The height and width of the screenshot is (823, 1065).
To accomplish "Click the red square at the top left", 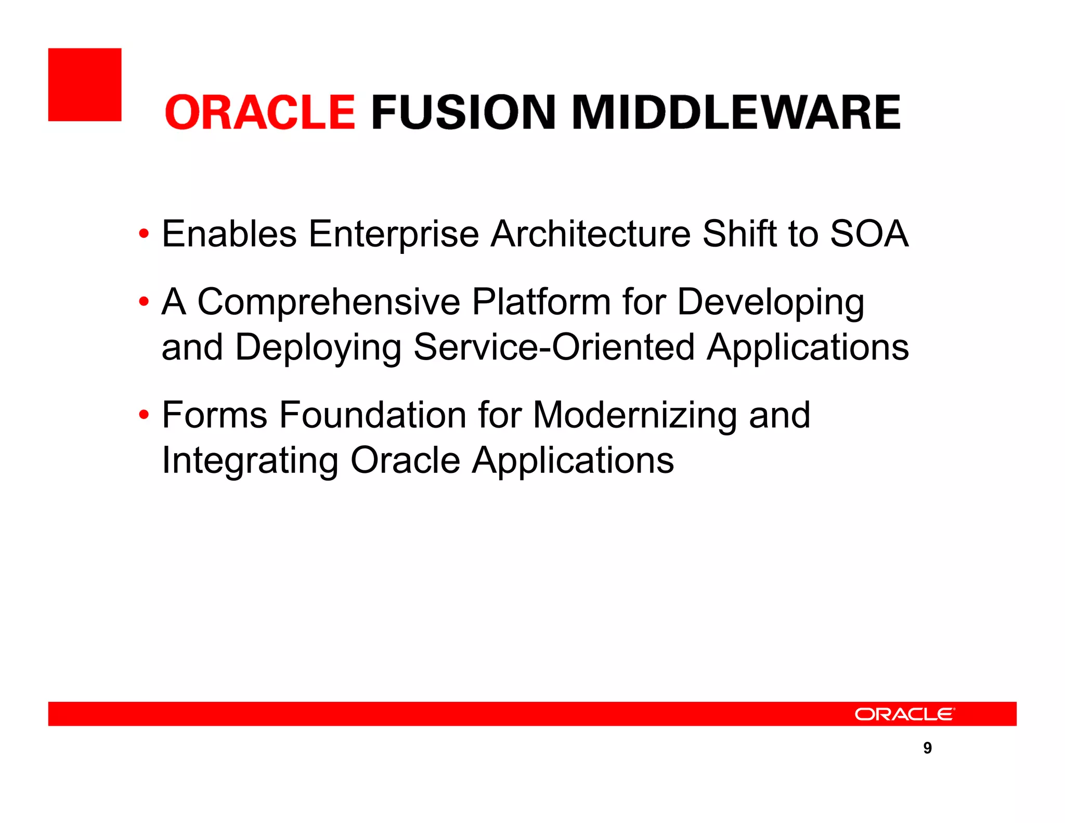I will [85, 85].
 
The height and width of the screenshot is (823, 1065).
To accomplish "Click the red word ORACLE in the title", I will [260, 112].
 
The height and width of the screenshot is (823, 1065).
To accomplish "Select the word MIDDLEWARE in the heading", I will [736, 112].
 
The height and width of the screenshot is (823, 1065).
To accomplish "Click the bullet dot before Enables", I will [144, 234].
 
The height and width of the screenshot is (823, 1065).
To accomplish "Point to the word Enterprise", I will [394, 234].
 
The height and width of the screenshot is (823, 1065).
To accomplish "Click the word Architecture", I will [591, 234].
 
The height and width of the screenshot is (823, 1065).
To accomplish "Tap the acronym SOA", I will [869, 234].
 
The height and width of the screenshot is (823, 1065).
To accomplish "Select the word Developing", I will [771, 303].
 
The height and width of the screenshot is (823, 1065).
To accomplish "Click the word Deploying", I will [318, 348].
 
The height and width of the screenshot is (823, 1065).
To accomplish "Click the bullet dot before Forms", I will [144, 415].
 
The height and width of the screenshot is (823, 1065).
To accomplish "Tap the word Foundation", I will [373, 415].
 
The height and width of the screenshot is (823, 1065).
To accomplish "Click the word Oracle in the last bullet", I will [406, 460].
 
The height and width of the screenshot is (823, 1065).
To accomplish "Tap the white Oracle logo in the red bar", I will [904, 714].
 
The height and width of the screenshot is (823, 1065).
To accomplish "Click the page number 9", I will [927, 748].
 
